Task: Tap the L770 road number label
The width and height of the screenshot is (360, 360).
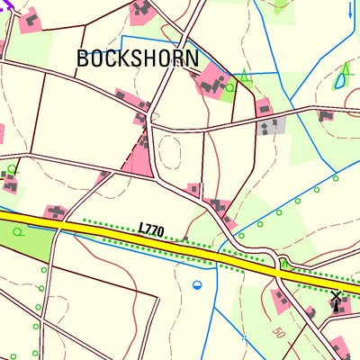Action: (x=152, y=231)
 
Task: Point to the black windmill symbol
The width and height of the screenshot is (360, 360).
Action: (x=337, y=300)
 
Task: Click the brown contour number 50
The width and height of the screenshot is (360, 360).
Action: (x=280, y=334)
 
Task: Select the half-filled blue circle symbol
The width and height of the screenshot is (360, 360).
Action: (x=197, y=285)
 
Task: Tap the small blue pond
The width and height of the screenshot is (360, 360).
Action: (x=340, y=81)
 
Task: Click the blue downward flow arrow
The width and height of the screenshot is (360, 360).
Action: (x=350, y=12)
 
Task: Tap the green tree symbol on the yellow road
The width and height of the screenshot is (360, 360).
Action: (x=284, y=264)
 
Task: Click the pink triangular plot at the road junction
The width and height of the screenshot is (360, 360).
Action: (x=140, y=160)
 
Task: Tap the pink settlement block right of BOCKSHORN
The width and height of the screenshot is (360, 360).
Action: (x=213, y=81)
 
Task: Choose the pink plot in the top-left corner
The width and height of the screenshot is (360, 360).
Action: (x=30, y=19)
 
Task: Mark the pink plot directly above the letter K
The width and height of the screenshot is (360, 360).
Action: (x=141, y=11)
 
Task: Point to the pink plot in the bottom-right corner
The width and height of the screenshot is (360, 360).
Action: (x=339, y=347)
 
